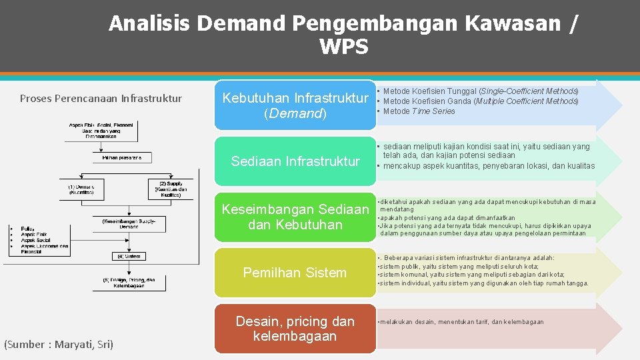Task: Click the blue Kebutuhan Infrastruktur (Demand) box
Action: (x=295, y=105)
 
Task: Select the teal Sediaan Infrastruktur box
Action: (x=295, y=161)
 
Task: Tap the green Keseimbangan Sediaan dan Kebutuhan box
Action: (x=295, y=217)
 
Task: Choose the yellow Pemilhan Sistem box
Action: (x=295, y=273)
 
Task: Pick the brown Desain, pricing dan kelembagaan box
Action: (x=295, y=328)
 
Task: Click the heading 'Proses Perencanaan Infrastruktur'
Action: (x=101, y=99)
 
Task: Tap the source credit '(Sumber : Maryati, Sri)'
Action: (x=59, y=344)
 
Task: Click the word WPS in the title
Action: (x=343, y=47)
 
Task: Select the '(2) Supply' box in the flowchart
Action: (x=171, y=189)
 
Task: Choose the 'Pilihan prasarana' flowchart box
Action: (x=121, y=157)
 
